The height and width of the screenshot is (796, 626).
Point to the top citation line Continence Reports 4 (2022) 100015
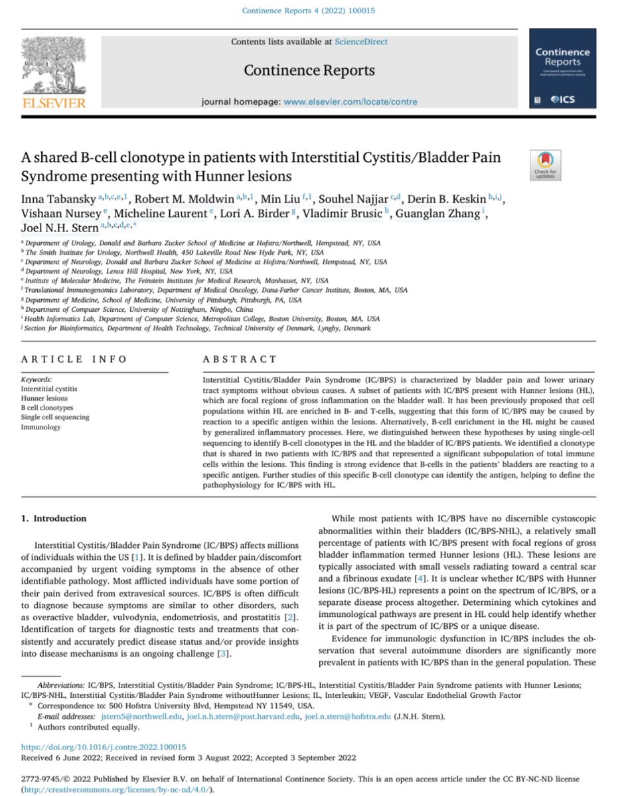pyautogui.click(x=312, y=11)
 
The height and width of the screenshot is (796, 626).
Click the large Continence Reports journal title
pyautogui.click(x=309, y=70)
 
